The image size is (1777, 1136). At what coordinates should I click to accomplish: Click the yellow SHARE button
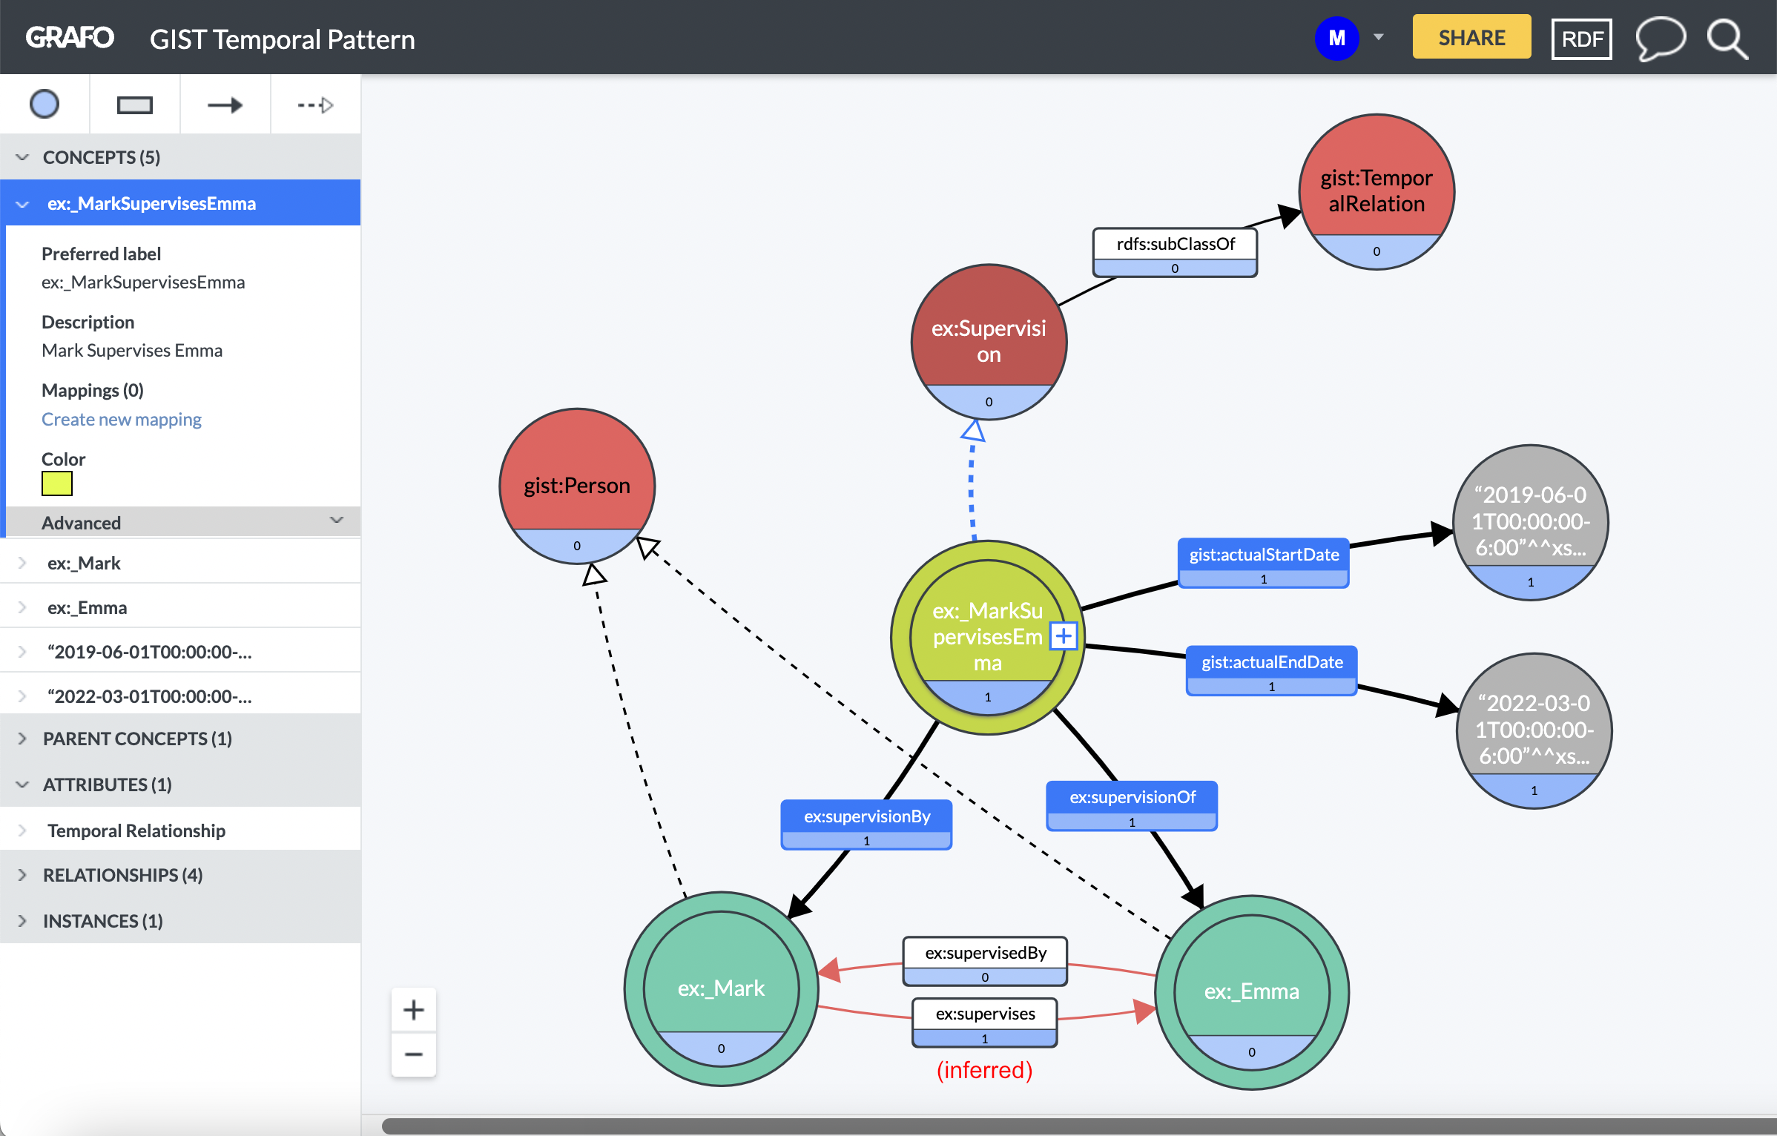(x=1471, y=37)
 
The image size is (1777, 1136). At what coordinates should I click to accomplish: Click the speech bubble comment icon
(x=1660, y=39)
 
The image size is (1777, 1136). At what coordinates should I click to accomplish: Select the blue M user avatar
(x=1336, y=39)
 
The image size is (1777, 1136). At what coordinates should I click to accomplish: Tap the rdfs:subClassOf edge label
(x=1175, y=245)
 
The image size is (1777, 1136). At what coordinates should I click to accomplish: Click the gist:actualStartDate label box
(x=1263, y=555)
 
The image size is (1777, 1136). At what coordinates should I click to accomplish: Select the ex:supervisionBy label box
(x=866, y=817)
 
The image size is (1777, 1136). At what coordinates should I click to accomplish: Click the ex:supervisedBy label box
(x=985, y=954)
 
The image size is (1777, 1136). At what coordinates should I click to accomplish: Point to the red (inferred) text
(x=984, y=1070)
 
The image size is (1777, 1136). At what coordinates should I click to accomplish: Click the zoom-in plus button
(x=413, y=1010)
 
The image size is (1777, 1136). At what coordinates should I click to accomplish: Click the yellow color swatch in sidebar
(x=57, y=483)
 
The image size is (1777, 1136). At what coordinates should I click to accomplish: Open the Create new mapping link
(x=122, y=420)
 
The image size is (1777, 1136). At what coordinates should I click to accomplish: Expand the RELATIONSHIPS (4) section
(x=122, y=875)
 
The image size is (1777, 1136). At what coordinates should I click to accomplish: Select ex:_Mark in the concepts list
(x=84, y=563)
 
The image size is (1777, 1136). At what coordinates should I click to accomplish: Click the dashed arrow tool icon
(x=315, y=105)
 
